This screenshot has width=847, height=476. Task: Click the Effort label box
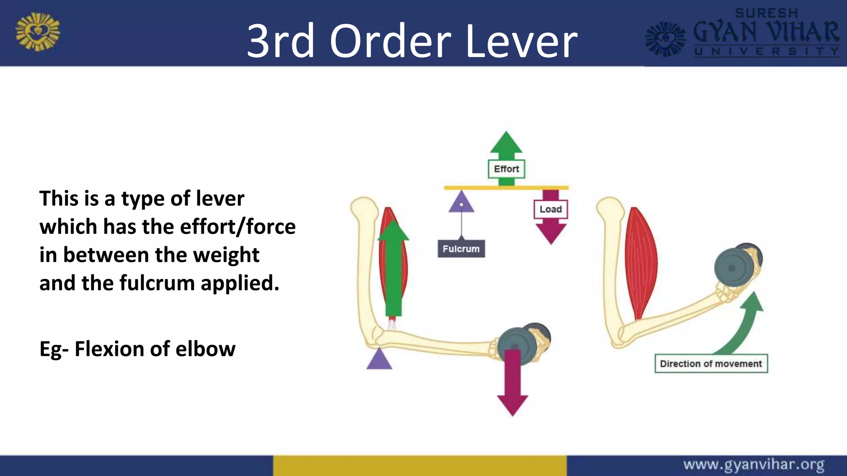506,169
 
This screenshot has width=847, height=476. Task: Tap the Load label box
550,209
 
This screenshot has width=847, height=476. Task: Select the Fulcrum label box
461,249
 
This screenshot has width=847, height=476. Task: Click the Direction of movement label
711,364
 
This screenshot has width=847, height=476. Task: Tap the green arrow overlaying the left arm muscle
393,269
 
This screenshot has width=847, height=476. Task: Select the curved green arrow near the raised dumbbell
744,326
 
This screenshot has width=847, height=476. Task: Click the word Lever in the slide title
521,41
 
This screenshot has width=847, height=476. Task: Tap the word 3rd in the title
281,41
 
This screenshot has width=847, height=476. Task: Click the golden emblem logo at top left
38,32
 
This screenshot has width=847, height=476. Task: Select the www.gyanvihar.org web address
754,465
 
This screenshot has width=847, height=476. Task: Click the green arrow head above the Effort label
506,143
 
